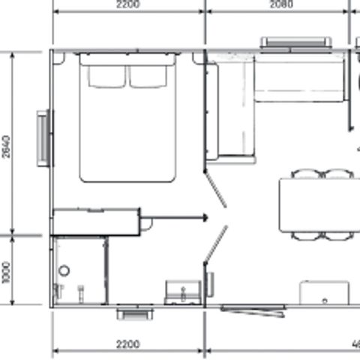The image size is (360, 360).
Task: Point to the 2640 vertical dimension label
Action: click(7, 145)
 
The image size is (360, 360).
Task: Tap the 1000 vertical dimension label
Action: click(7, 272)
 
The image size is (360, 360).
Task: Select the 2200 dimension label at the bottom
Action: click(128, 344)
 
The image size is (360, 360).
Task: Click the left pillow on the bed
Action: click(104, 75)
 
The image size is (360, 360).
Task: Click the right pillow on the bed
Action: click(151, 75)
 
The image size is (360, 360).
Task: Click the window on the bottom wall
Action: click(129, 311)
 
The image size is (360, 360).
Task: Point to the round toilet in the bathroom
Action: click(64, 270)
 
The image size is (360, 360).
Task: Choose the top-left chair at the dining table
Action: click(306, 174)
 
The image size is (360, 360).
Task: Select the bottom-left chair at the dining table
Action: click(306, 235)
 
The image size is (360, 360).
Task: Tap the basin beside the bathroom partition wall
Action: click(181, 292)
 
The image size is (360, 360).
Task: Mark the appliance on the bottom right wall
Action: click(324, 292)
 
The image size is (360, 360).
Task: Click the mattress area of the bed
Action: click(128, 131)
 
